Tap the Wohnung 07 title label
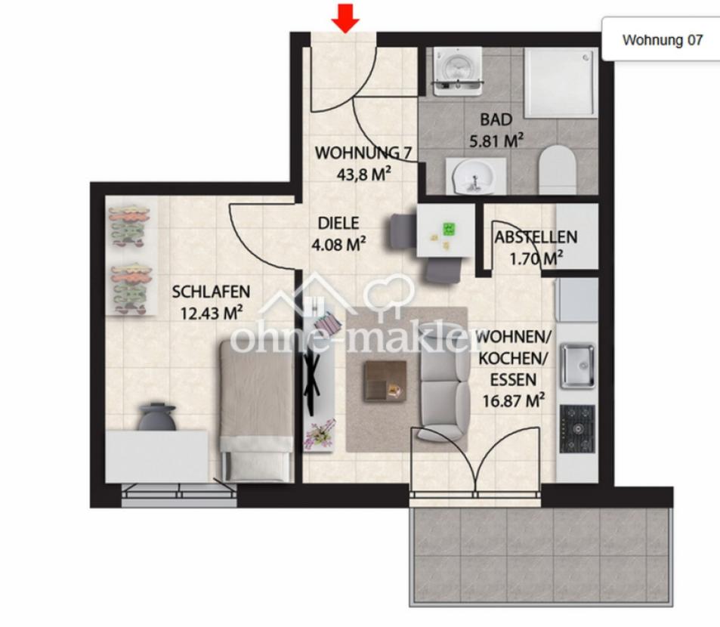[x=662, y=40]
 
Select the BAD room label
[x=496, y=120]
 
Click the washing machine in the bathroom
[x=457, y=71]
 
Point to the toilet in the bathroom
[x=558, y=170]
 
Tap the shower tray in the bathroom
[x=560, y=82]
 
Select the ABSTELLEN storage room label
[x=536, y=237]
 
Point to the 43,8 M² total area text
[x=363, y=174]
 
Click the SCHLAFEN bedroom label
[x=211, y=292]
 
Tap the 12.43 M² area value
[x=212, y=313]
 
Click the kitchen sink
[x=577, y=366]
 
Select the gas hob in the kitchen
[x=577, y=429]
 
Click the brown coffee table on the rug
[x=385, y=381]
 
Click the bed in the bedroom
[x=256, y=410]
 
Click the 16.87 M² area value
[x=513, y=400]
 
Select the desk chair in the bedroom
[x=157, y=417]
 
